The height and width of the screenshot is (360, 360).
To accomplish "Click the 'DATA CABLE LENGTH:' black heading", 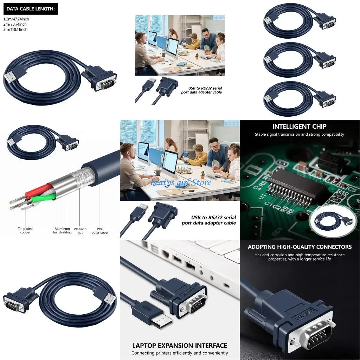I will click(x=30, y=9).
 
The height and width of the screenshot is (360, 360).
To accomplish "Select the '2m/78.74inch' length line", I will click(x=15, y=24).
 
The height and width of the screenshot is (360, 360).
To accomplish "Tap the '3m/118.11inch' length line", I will click(x=15, y=30).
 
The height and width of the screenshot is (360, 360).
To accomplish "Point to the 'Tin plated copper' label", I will click(x=25, y=231).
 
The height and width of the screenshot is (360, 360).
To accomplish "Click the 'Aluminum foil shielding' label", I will click(x=62, y=231).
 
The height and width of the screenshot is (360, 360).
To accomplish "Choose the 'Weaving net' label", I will click(x=80, y=231).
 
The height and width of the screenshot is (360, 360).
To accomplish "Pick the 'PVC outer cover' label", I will click(x=100, y=231).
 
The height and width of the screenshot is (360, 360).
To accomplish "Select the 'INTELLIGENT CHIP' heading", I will click(x=299, y=127).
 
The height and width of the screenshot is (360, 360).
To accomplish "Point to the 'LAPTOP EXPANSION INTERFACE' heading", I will click(x=180, y=346).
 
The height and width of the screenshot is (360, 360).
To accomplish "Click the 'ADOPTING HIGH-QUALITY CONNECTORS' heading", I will click(x=300, y=247).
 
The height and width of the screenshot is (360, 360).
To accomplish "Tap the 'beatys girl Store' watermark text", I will click(x=181, y=182).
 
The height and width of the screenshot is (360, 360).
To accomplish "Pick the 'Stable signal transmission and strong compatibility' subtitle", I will click(x=300, y=134).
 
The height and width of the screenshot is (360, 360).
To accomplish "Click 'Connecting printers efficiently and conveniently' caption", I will click(x=180, y=353).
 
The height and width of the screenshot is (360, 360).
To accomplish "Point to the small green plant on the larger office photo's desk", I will click(x=202, y=174).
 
